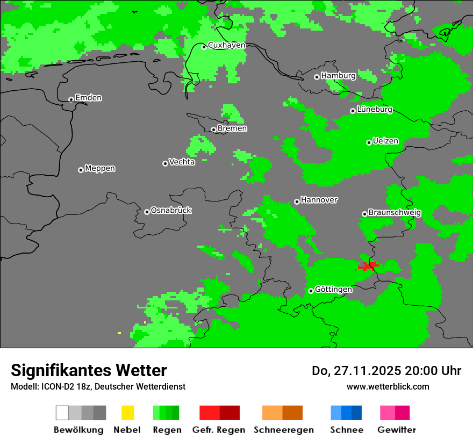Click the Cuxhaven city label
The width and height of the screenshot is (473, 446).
click(226, 46)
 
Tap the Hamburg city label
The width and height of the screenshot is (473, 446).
click(338, 76)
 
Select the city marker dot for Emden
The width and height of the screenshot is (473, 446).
click(71, 99)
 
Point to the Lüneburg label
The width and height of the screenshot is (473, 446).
click(374, 110)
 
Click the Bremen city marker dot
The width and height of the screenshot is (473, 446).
click(213, 130)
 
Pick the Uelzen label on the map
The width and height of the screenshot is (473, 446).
click(385, 141)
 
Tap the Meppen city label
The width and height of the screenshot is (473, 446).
click(100, 169)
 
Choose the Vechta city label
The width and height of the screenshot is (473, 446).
click(182, 162)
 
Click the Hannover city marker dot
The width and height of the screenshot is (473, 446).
click(297, 202)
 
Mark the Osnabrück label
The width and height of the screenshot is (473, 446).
click(171, 211)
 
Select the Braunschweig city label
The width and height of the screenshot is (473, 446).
click(395, 213)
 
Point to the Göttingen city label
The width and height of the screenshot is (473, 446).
click(333, 290)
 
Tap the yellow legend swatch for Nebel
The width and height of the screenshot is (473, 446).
click(127, 413)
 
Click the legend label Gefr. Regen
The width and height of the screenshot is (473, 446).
click(219, 430)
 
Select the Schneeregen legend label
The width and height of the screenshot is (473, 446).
click(283, 430)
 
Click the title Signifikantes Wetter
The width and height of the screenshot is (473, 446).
click(89, 370)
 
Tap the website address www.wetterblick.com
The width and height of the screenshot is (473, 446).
click(388, 386)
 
